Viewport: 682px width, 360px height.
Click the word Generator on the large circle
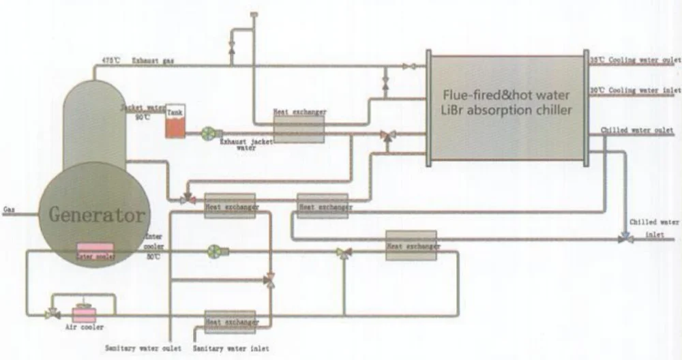97,215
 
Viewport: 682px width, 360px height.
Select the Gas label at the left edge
9,209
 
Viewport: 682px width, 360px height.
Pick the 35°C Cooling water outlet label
635,61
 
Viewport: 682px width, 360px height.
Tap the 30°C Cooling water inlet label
635,90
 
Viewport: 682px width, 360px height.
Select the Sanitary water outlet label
143,348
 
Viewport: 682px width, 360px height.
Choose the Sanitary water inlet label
231,348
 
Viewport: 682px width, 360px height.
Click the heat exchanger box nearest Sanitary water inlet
231,321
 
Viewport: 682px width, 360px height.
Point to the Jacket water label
141,108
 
